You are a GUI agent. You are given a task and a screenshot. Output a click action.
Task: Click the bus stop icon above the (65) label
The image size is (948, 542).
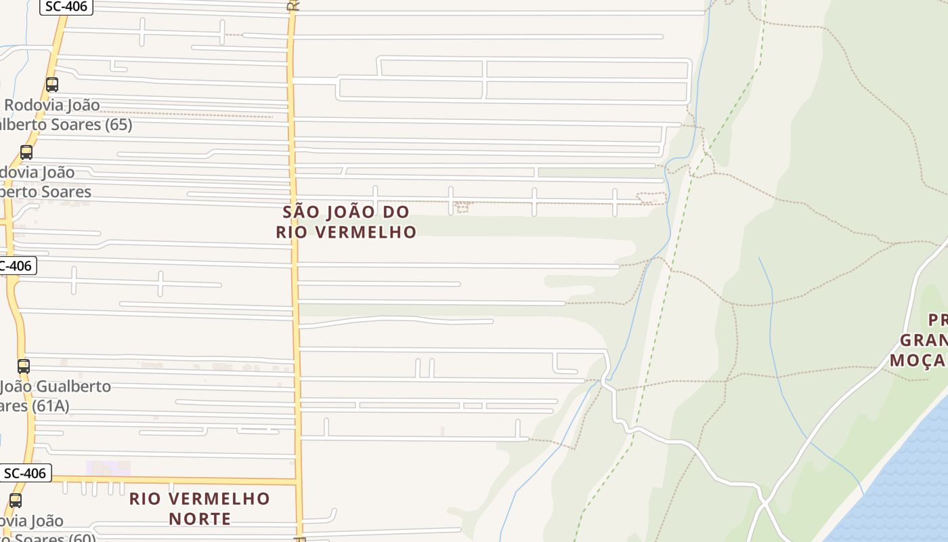[52, 85]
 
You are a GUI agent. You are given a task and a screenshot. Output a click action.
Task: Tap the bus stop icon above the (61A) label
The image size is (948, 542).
[24, 367]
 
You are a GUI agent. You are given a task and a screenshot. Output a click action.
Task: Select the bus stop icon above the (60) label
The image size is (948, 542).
[15, 501]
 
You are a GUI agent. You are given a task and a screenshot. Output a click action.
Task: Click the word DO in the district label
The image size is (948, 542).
[396, 212]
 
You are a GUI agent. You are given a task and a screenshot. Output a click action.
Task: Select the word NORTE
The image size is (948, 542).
[199, 519]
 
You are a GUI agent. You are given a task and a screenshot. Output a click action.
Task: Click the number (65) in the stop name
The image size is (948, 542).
[118, 125]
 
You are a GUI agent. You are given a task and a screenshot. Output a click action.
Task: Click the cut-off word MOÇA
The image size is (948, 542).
[918, 360]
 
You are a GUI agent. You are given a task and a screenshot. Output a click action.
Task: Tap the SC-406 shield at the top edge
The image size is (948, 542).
[66, 7]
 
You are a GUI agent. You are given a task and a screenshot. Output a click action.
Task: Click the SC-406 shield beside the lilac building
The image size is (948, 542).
[25, 473]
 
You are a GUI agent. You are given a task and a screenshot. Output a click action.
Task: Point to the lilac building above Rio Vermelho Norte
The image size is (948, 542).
[108, 467]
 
